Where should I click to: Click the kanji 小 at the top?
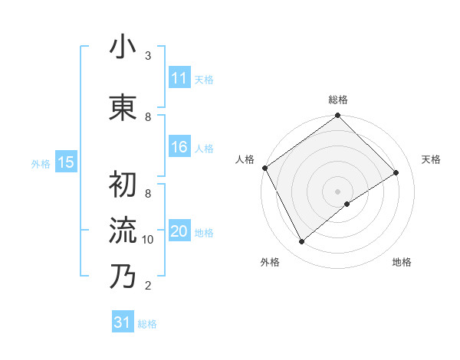coord(123,48)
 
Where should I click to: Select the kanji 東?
coord(123,106)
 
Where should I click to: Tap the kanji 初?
coord(123,185)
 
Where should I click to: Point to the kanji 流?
coord(123,230)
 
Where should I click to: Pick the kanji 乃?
coord(123,276)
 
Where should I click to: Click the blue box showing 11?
coord(179,78)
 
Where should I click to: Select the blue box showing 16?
coord(179,148)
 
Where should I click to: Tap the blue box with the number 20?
coord(179,232)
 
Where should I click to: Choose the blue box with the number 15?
coord(65,162)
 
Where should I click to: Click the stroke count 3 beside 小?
coord(148,56)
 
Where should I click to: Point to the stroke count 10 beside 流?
coord(148,240)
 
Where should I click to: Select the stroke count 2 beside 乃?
coord(148,286)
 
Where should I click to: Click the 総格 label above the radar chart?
coord(338,100)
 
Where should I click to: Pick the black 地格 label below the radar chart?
coord(402,263)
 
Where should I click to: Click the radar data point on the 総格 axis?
coord(337,116)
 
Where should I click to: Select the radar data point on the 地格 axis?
coord(347,204)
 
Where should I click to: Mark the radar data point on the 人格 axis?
coord(264,168)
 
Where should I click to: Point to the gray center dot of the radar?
coord(337,191)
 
